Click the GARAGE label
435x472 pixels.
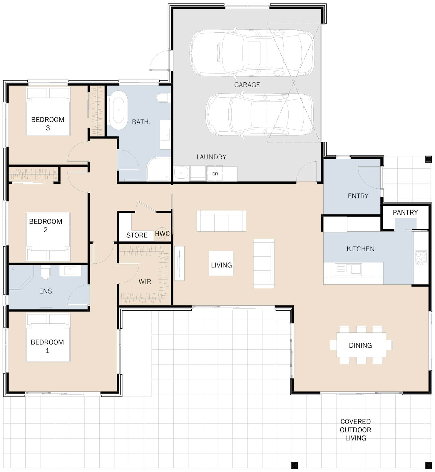(247, 85)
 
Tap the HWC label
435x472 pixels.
(162, 234)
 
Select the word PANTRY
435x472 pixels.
(405, 212)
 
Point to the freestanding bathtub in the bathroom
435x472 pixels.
(118, 110)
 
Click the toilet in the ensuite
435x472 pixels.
(46, 272)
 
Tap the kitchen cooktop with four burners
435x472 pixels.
(421, 258)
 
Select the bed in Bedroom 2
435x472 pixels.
(48, 237)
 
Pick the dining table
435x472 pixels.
(361, 344)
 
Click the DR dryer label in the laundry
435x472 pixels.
(215, 174)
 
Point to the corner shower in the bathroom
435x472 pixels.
(158, 169)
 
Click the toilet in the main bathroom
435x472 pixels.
(164, 98)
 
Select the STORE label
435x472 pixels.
(137, 235)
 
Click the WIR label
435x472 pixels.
(145, 282)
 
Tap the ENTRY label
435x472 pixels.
(358, 196)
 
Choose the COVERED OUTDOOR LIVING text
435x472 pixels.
(355, 430)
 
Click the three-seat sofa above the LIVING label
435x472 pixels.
(221, 221)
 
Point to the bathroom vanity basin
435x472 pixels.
(165, 135)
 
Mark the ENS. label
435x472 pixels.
(46, 291)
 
